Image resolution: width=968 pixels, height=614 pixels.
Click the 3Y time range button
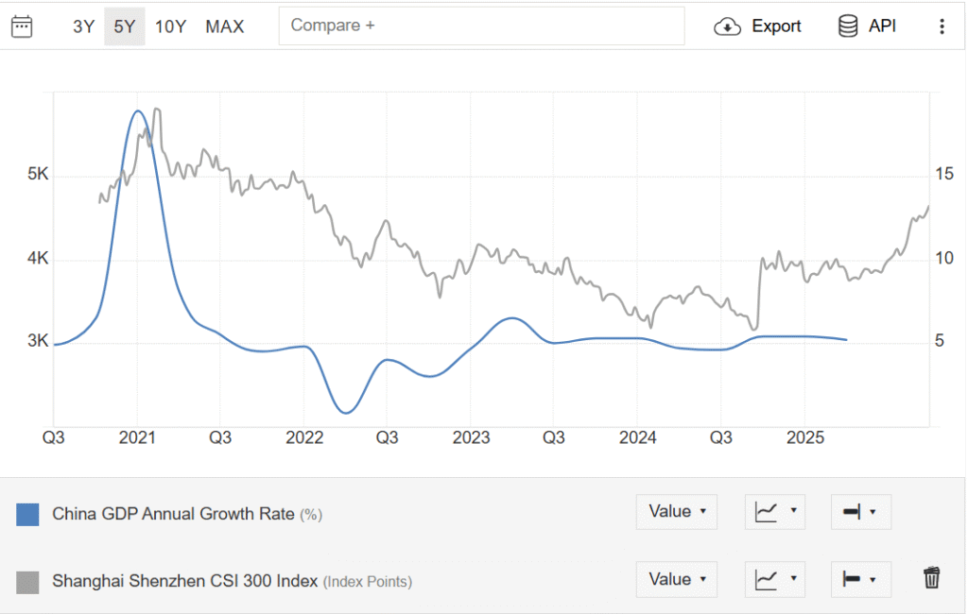pyautogui.click(x=83, y=26)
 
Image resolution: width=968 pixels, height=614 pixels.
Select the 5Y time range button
pyautogui.click(x=125, y=26)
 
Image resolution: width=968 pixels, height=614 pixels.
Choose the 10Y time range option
pyautogui.click(x=170, y=26)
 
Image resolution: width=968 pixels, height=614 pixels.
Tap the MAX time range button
pyautogui.click(x=225, y=26)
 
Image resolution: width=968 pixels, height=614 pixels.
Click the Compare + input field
pyautogui.click(x=481, y=26)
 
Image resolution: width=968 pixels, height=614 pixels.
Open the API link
pyautogui.click(x=867, y=26)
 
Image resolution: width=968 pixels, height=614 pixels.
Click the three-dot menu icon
pyautogui.click(x=942, y=26)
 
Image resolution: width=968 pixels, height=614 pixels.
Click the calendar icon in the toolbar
pyautogui.click(x=22, y=26)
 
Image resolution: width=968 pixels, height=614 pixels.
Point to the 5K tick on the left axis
pyautogui.click(x=38, y=175)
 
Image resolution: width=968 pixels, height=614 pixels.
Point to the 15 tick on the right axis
pyautogui.click(x=943, y=174)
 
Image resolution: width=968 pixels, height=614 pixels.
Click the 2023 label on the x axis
pyautogui.click(x=471, y=438)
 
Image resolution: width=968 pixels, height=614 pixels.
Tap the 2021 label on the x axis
pyautogui.click(x=137, y=438)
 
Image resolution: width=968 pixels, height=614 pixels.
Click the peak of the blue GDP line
pyautogui.click(x=138, y=111)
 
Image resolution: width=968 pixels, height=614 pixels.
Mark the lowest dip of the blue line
pyautogui.click(x=346, y=413)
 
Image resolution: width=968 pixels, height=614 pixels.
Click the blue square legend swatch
pyautogui.click(x=28, y=515)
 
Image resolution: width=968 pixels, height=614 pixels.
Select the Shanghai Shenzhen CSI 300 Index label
pyautogui.click(x=186, y=581)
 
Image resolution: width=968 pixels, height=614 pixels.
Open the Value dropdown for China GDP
pyautogui.click(x=676, y=512)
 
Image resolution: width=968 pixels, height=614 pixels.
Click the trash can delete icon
pyautogui.click(x=932, y=578)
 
